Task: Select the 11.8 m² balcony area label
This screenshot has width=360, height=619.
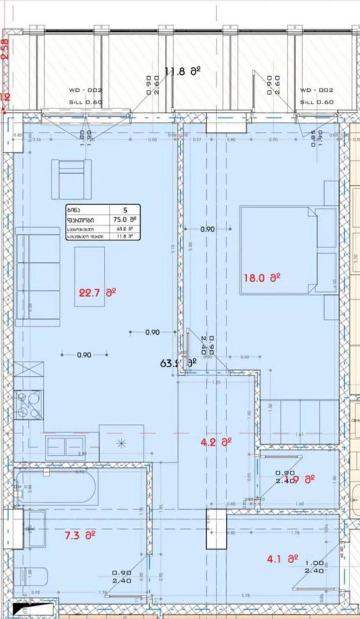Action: pos(182,72)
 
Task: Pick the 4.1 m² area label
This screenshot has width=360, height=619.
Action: pos(282,559)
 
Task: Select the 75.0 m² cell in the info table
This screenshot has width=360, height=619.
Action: pos(125,219)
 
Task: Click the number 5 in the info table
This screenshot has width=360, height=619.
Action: pos(125,210)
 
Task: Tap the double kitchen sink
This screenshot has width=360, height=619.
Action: pos(65,446)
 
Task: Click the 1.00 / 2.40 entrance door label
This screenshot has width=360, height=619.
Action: pos(314,567)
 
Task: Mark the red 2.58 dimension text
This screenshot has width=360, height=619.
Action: pos(6,49)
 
